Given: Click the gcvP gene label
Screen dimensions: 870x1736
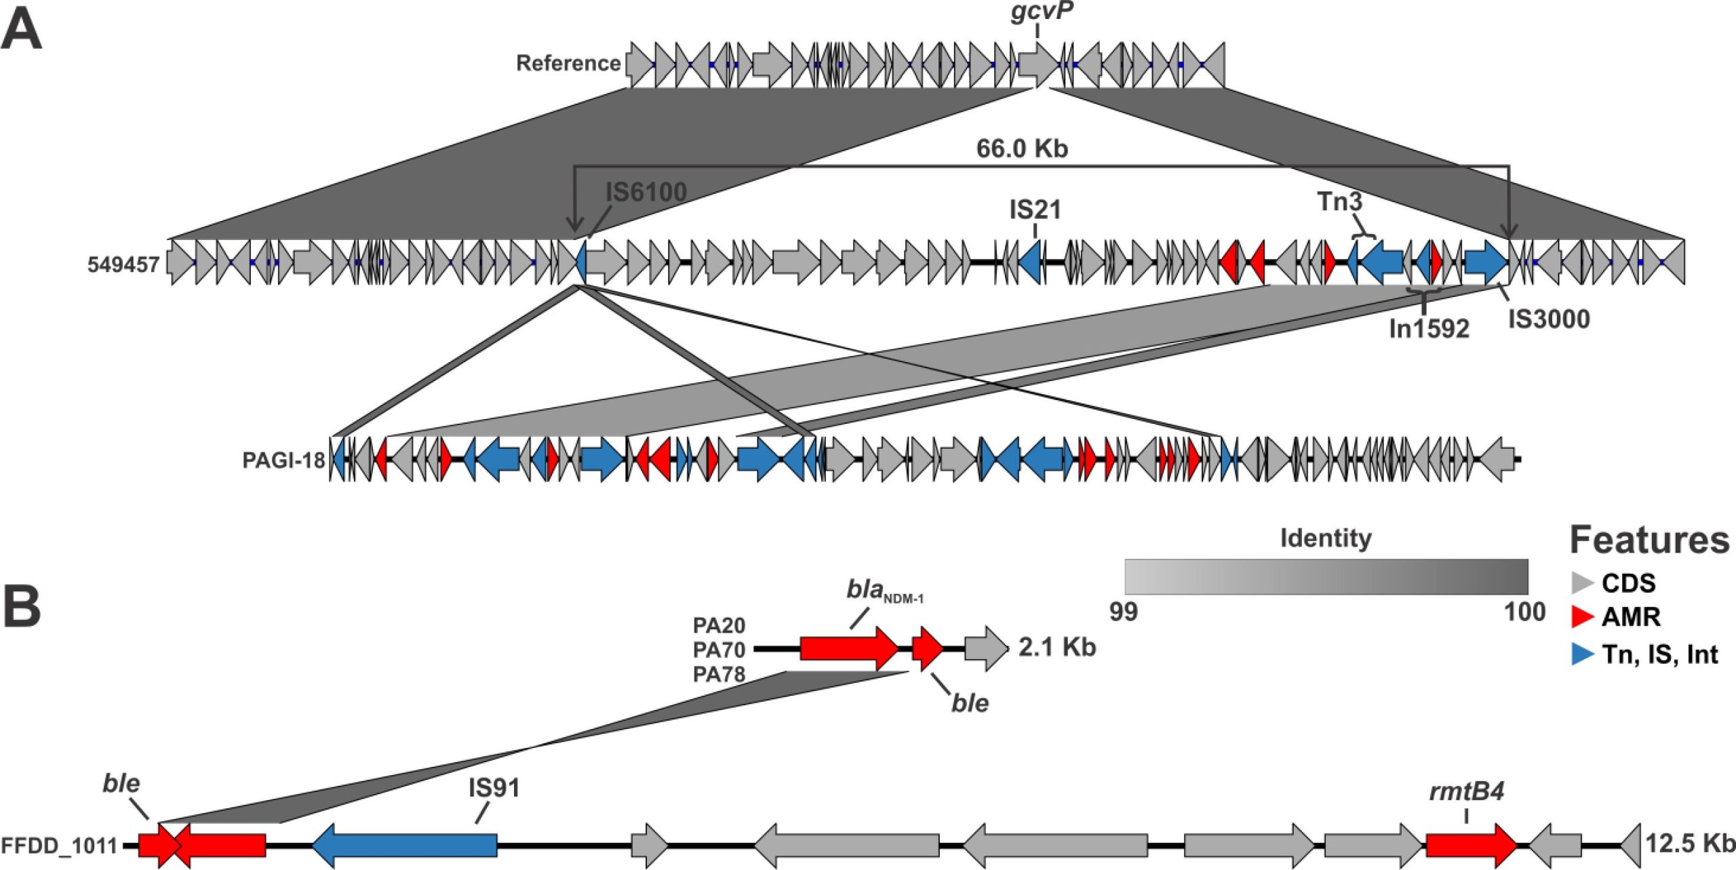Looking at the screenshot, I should pos(1042,13).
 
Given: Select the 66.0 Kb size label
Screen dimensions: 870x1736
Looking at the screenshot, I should pos(1022,149).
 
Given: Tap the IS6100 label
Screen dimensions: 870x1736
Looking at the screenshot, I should pos(646,193).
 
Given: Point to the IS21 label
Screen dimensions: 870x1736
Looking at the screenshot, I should pos(1035,210).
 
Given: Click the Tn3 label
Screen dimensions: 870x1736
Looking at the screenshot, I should pos(1339,202).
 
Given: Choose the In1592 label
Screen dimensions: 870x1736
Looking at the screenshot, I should pos(1429,329).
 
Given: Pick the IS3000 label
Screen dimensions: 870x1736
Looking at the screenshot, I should pos(1549,319).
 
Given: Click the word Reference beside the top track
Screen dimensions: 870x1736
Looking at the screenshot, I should pos(568,63).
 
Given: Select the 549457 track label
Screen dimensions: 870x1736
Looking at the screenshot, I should pos(123,264).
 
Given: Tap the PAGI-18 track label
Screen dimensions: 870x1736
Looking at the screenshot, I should pos(284,460).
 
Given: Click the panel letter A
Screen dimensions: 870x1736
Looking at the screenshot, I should pos(22,31).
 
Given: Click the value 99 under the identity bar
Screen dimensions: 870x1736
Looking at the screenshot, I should pos(1123,612).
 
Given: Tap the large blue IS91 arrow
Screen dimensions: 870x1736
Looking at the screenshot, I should pos(405,844).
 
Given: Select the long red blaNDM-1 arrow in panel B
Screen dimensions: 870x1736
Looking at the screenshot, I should pos(848,648).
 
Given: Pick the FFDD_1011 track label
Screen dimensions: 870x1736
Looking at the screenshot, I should pos(59,846).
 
